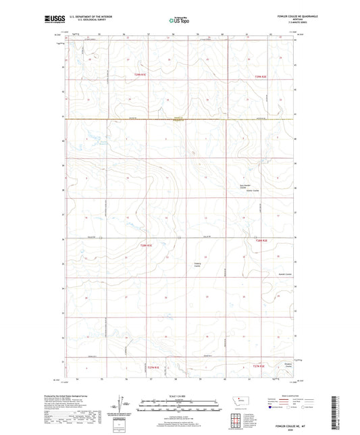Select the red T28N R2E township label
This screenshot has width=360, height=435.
(261, 240)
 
